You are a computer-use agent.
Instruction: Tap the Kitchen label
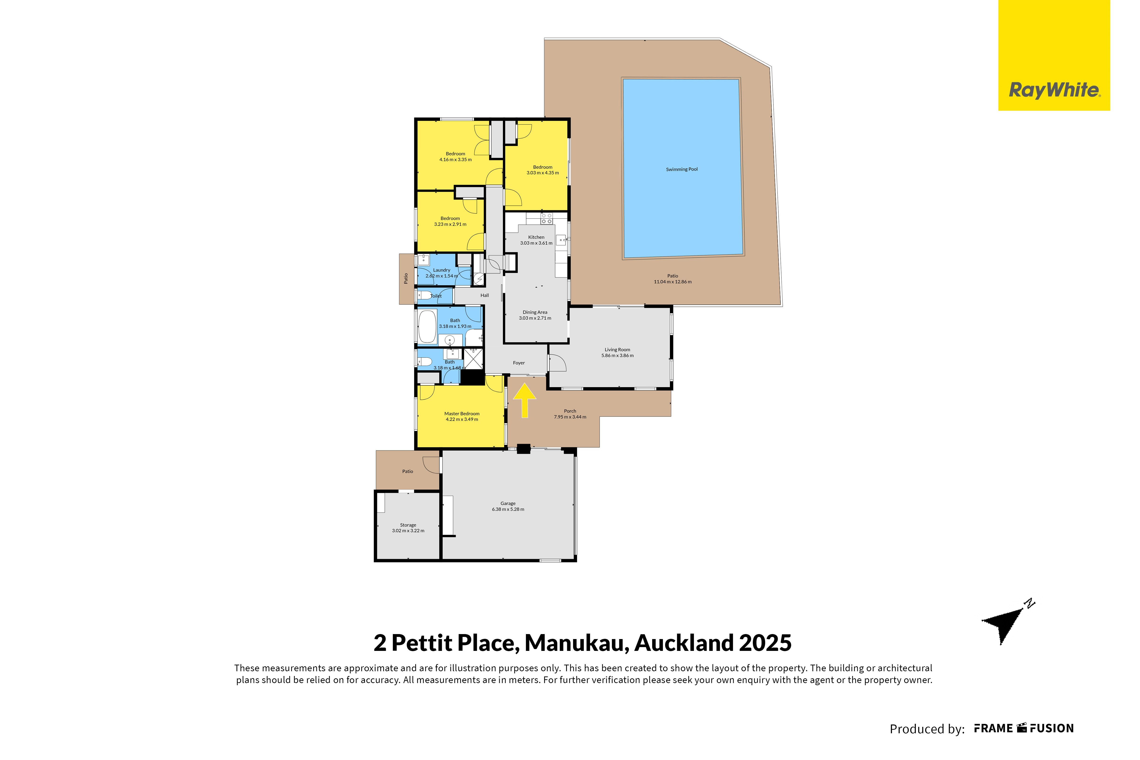click(x=536, y=237)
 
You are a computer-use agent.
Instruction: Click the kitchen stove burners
click(x=547, y=218)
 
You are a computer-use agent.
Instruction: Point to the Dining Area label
click(x=535, y=312)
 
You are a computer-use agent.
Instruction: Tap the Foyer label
click(x=519, y=363)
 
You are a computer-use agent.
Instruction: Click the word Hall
click(x=485, y=295)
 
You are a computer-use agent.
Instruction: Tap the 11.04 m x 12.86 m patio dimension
click(x=673, y=282)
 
